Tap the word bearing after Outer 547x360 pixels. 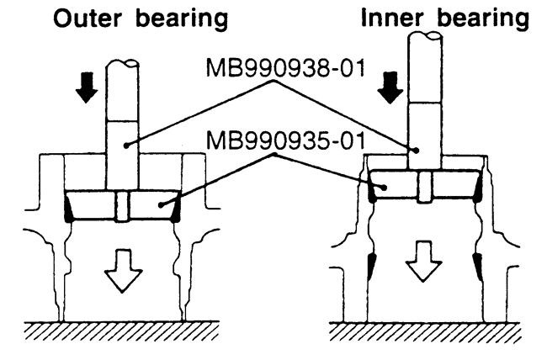click(x=179, y=19)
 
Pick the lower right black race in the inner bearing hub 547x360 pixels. click(x=477, y=270)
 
